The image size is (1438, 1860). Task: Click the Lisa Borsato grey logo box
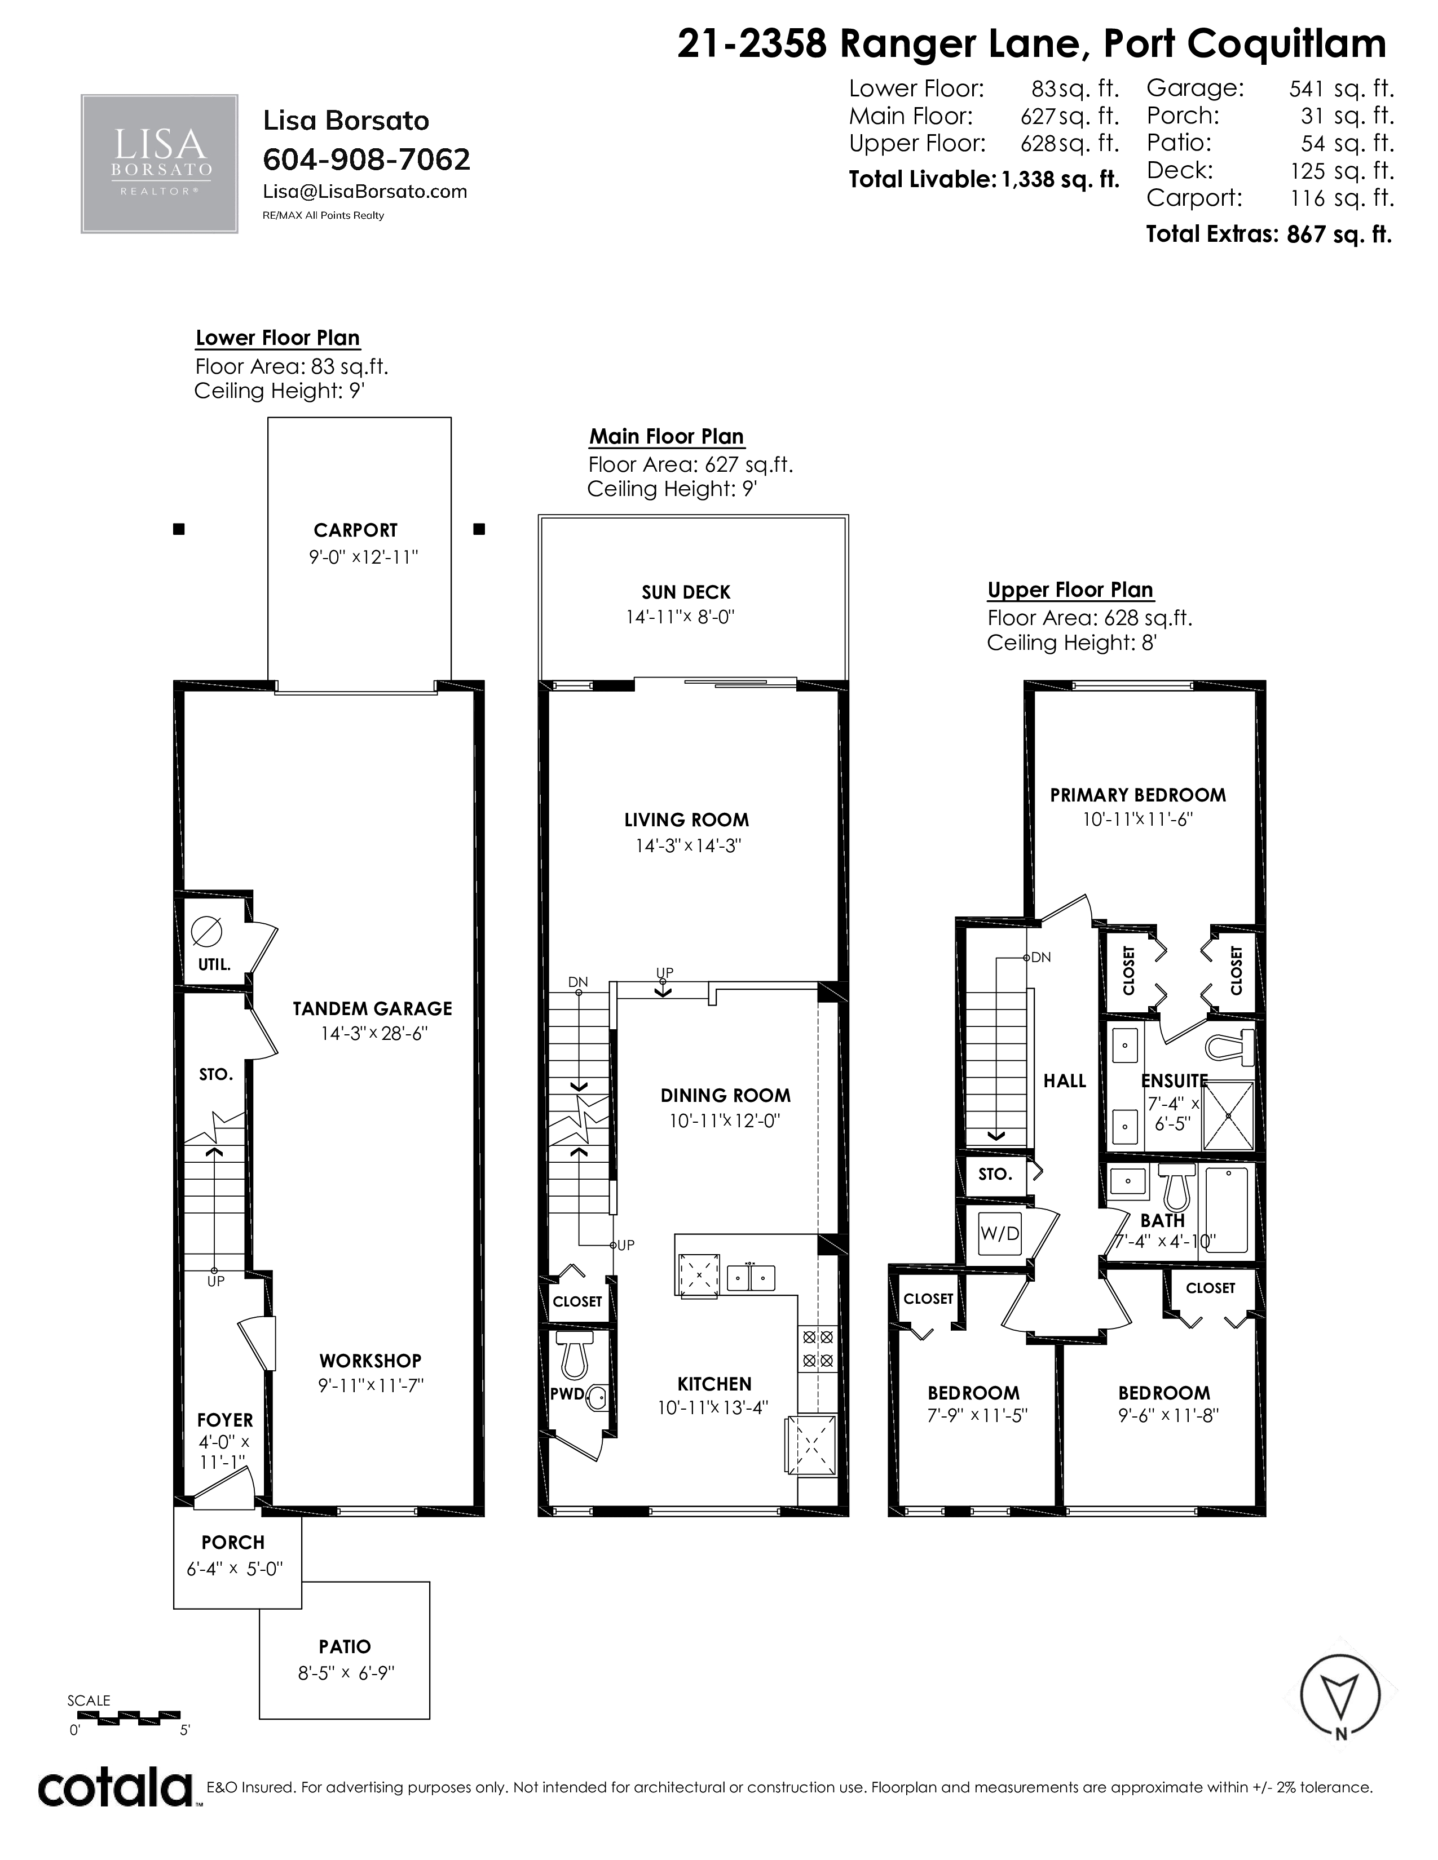click(159, 163)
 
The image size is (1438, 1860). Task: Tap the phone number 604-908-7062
click(367, 160)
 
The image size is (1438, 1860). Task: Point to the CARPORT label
click(355, 530)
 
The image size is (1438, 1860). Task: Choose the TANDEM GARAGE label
click(372, 1009)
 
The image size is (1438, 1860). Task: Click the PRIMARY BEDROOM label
click(1138, 795)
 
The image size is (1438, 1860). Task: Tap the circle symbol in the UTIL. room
click(206, 932)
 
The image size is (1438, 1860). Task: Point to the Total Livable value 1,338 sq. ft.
click(1061, 180)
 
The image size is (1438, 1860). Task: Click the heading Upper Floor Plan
click(1070, 590)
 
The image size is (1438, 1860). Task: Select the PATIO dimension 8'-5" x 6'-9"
click(346, 1673)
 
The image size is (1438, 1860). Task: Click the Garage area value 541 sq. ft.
click(1341, 88)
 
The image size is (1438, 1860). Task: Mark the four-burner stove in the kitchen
click(816, 1349)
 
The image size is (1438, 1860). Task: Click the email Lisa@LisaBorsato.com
click(365, 192)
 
